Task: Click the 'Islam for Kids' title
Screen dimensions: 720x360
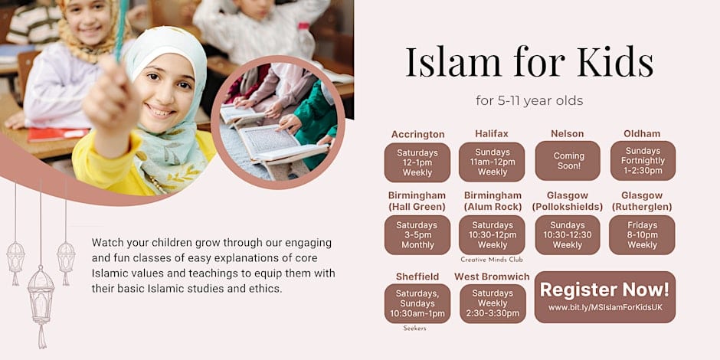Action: click(x=529, y=63)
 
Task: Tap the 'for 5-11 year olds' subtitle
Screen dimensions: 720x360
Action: click(x=529, y=100)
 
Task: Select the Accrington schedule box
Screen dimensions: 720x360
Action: click(x=417, y=162)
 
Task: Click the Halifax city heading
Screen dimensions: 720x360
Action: click(x=491, y=133)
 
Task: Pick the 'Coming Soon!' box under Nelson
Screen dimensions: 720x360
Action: click(x=568, y=161)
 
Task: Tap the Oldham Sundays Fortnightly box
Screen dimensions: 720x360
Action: click(x=643, y=161)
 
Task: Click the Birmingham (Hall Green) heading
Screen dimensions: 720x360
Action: click(x=417, y=201)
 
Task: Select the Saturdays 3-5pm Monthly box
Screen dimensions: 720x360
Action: click(x=417, y=235)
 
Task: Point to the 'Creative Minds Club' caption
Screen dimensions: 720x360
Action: click(x=492, y=260)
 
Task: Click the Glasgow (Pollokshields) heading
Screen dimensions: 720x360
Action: click(x=568, y=201)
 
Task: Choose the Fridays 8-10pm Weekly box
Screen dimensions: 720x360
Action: click(x=642, y=235)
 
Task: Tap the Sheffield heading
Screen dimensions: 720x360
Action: click(x=417, y=277)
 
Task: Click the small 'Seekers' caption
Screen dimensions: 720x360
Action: click(x=414, y=329)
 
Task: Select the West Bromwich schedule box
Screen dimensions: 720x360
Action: click(x=493, y=303)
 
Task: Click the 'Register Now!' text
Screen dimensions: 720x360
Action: click(x=605, y=290)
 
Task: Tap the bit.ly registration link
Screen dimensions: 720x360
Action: click(x=605, y=307)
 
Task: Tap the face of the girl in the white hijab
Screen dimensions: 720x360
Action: click(x=164, y=93)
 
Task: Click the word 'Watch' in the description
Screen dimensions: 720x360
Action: click(x=105, y=242)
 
